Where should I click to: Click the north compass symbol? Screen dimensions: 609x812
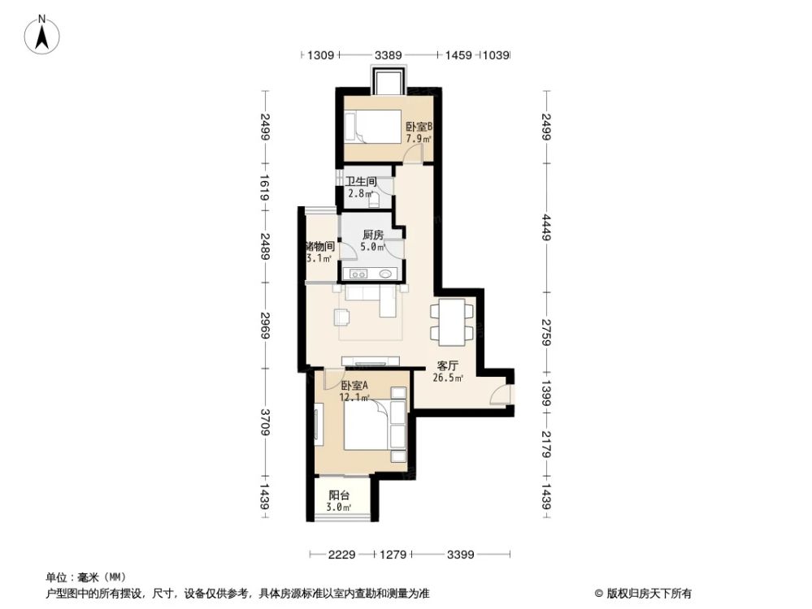point(43,35)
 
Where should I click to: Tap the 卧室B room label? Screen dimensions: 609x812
point(419,127)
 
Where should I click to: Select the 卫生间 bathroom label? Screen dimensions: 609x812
point(359,183)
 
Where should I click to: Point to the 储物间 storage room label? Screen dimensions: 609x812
point(319,246)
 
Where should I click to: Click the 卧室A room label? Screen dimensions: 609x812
point(354,387)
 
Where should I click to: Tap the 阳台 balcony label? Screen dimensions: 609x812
point(339,495)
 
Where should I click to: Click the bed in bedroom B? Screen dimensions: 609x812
point(375,126)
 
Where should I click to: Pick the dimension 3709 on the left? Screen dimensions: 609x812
point(265,422)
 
